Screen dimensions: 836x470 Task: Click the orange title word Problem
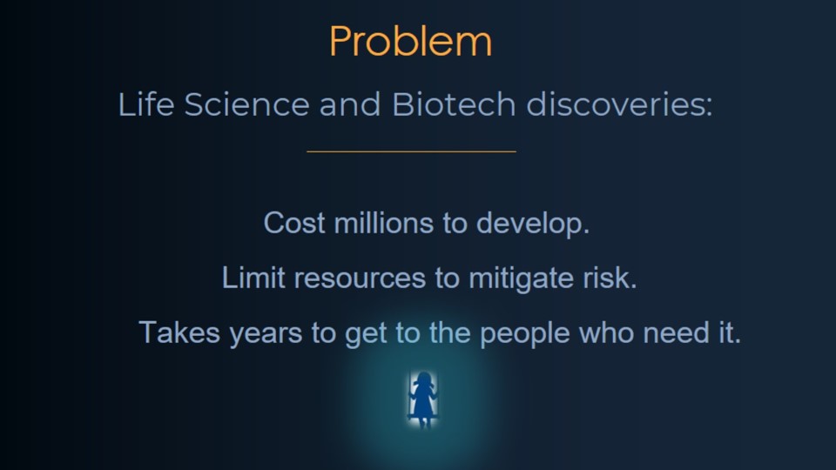[x=410, y=43]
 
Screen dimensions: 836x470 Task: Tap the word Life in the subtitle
[x=146, y=104]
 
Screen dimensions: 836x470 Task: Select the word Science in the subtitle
[x=246, y=104]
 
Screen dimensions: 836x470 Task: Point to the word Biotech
[x=454, y=104]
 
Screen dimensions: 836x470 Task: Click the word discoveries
[x=619, y=104]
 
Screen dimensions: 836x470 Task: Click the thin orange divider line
[x=412, y=151]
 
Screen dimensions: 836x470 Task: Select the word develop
[x=533, y=225]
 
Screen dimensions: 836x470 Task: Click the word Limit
[x=253, y=278]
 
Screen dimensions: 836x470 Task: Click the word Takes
[x=179, y=332]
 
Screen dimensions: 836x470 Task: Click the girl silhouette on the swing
[x=423, y=399]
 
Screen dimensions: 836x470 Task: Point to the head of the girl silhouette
[x=424, y=380]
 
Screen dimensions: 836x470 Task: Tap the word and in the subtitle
[x=350, y=104]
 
